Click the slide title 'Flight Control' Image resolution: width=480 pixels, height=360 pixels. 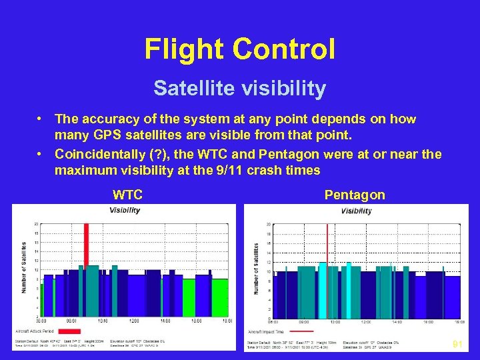tap(239, 49)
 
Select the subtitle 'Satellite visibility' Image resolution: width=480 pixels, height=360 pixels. tap(239, 88)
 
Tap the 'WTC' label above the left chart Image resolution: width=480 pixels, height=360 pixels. tap(127, 195)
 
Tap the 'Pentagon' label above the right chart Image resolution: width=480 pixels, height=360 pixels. tap(354, 195)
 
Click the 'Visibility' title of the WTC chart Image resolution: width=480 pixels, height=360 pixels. tap(125, 210)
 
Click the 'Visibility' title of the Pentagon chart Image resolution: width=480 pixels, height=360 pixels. tap(357, 211)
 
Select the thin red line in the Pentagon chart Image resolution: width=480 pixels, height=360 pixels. tap(327, 267)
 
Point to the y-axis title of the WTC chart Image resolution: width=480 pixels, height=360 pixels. tap(25, 267)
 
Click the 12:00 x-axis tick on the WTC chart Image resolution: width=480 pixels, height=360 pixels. tap(133, 321)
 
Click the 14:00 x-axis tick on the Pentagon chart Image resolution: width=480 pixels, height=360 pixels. tap(397, 322)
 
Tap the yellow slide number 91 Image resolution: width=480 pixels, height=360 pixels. tap(457, 345)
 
